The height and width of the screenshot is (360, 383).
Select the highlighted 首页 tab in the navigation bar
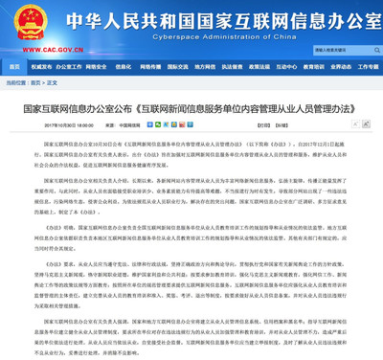pos(13,67)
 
